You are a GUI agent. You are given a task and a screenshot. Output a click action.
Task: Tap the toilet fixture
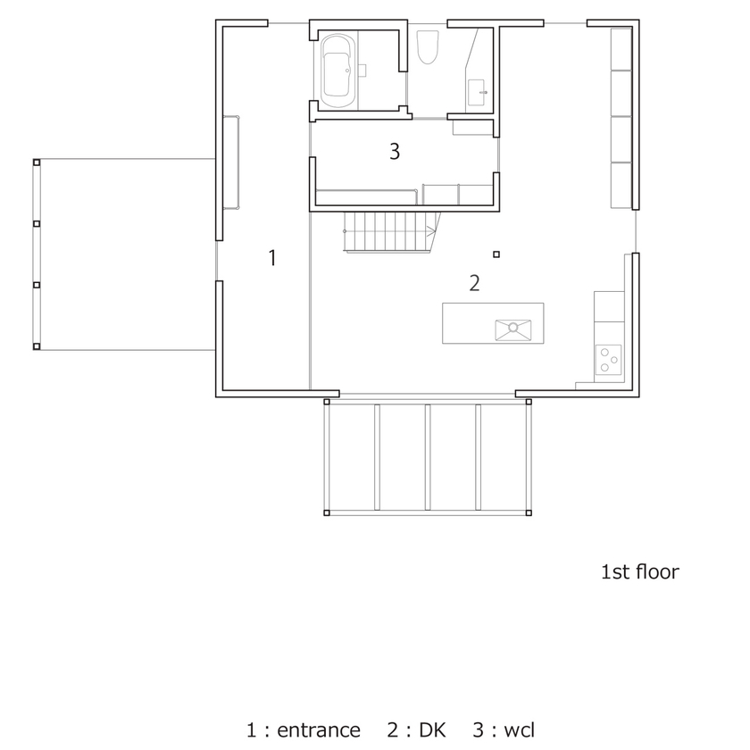click(428, 46)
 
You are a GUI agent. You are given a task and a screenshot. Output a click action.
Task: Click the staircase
click(389, 232)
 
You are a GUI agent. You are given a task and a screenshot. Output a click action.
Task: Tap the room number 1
click(272, 259)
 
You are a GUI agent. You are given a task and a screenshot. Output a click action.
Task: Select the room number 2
click(474, 284)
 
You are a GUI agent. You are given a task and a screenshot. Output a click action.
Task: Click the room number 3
click(394, 151)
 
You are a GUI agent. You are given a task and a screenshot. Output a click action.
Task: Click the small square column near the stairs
click(496, 254)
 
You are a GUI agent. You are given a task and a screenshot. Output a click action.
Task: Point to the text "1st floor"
click(639, 571)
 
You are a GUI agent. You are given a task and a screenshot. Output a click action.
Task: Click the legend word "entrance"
click(319, 730)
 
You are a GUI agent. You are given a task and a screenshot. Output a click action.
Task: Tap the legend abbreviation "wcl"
click(519, 730)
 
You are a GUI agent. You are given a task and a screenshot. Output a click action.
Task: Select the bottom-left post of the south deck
click(327, 513)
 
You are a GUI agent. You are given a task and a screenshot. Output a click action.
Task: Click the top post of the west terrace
click(36, 162)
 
